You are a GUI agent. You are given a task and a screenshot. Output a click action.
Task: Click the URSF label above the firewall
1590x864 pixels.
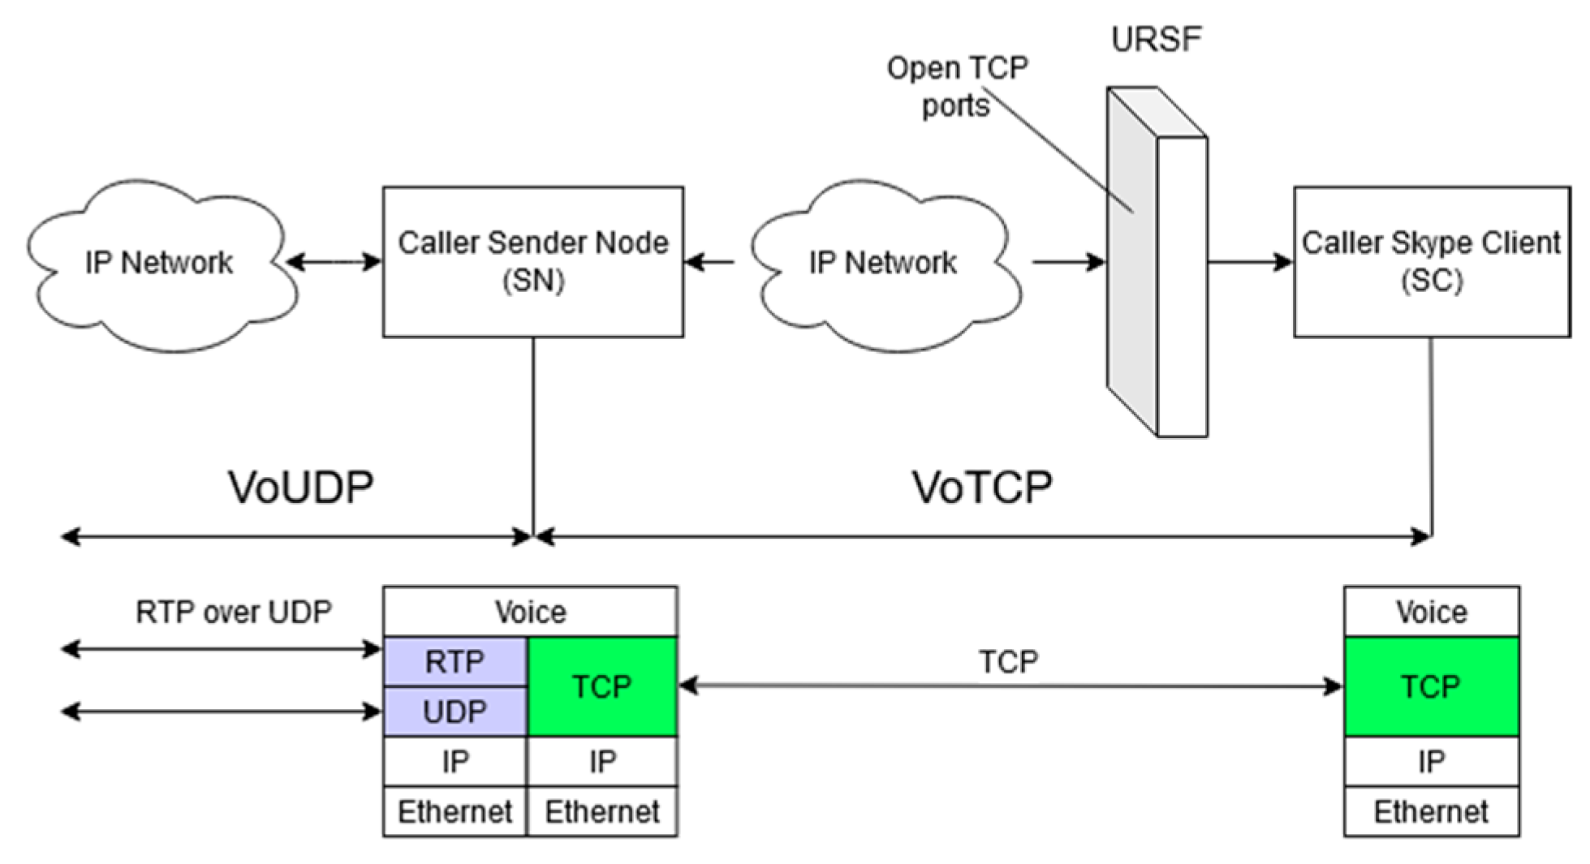1155,39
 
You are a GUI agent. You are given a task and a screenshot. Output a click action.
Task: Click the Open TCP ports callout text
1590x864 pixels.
957,86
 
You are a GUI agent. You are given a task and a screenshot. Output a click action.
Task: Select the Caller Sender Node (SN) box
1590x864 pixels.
532,261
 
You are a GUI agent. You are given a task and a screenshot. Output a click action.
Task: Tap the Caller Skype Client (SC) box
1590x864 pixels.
1431,261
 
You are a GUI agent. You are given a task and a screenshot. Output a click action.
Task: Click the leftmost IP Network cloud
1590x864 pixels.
159,263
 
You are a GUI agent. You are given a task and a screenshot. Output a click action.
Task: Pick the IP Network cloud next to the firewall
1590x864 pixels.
883,263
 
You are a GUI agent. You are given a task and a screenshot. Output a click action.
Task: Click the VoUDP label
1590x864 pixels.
300,488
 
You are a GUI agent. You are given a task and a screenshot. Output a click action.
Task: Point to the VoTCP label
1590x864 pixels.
982,488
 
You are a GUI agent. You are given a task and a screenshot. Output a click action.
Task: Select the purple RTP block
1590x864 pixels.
455,662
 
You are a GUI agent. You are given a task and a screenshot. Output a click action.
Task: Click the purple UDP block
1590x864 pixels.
455,711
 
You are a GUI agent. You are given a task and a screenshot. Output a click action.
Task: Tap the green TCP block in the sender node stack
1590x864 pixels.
601,686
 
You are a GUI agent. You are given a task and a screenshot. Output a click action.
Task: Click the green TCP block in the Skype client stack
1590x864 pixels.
1431,686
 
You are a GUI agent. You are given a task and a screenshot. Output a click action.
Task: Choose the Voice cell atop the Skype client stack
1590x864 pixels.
1431,612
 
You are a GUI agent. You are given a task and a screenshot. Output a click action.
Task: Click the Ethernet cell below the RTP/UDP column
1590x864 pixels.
455,811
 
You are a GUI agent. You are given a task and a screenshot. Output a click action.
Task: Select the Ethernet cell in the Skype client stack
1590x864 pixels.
1431,811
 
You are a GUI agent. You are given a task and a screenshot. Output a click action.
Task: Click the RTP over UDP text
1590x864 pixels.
234,612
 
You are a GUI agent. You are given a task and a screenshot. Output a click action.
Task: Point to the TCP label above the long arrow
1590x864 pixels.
1008,662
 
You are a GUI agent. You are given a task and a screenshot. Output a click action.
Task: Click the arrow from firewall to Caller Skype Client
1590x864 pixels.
1250,262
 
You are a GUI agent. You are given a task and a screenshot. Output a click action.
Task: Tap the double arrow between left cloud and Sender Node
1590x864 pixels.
334,262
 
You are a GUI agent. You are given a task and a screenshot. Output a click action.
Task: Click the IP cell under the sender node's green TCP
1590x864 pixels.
601,761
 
